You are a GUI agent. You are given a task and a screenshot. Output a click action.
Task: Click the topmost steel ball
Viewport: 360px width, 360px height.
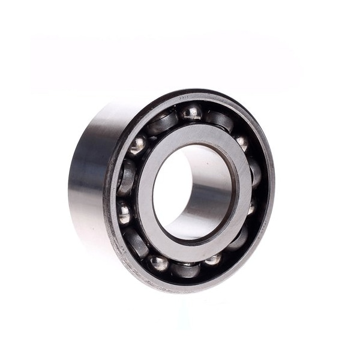(191, 112)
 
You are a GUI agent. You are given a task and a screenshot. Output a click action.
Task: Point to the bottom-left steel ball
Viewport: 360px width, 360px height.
(158, 262)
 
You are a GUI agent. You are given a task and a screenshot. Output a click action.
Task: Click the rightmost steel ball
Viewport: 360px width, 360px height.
(251, 207)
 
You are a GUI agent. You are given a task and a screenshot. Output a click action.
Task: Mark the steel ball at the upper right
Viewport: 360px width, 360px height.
(242, 142)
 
